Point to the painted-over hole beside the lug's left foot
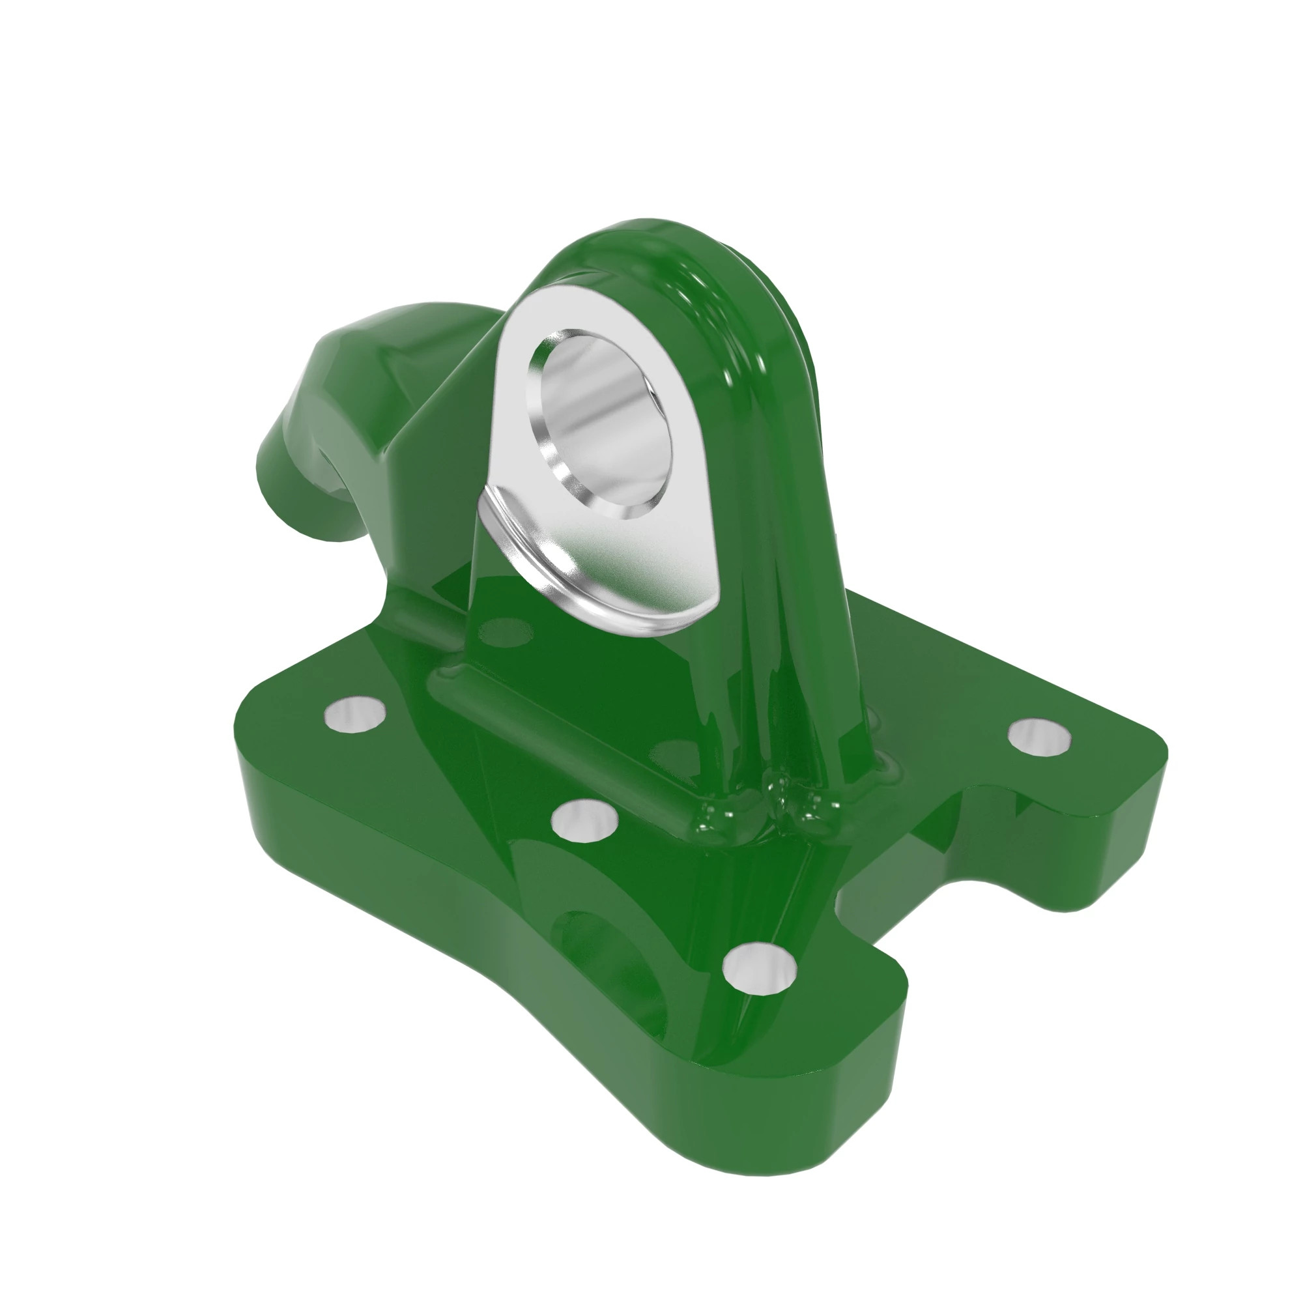[504, 631]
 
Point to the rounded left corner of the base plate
[256, 715]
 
